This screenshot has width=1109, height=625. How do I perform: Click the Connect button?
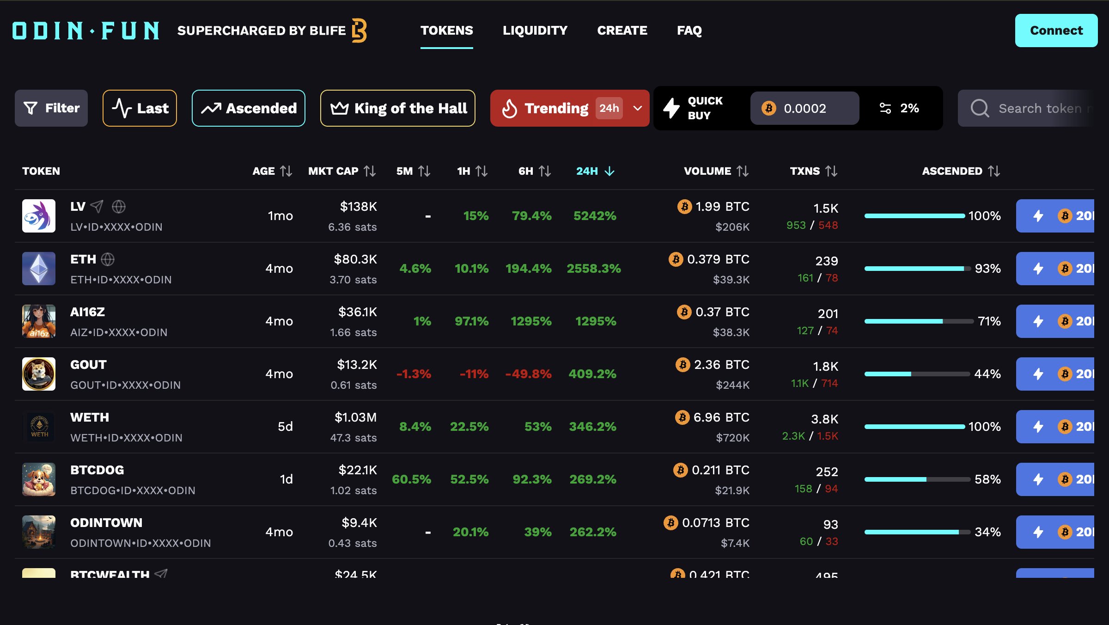pos(1056,31)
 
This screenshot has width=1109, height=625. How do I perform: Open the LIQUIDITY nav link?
pos(535,31)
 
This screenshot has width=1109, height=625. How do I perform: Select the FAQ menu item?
pos(689,31)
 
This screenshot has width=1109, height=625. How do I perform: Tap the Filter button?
pos(51,108)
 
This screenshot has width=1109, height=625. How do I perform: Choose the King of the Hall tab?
pos(397,108)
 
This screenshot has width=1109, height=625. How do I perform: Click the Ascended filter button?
pos(249,108)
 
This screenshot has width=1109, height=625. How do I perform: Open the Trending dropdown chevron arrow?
pos(638,108)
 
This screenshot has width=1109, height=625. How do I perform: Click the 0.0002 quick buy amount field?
pos(804,108)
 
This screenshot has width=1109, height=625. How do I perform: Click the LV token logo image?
pos(39,216)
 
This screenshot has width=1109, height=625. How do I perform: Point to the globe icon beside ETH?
pos(108,259)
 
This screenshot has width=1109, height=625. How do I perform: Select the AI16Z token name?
pos(87,312)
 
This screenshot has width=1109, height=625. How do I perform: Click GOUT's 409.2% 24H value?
pos(592,374)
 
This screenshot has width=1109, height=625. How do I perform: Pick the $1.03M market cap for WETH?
pos(355,417)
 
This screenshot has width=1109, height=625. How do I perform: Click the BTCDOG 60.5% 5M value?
pos(411,479)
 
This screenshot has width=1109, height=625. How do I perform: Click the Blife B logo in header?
pos(359,31)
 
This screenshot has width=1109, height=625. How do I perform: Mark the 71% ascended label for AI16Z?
pos(989,321)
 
